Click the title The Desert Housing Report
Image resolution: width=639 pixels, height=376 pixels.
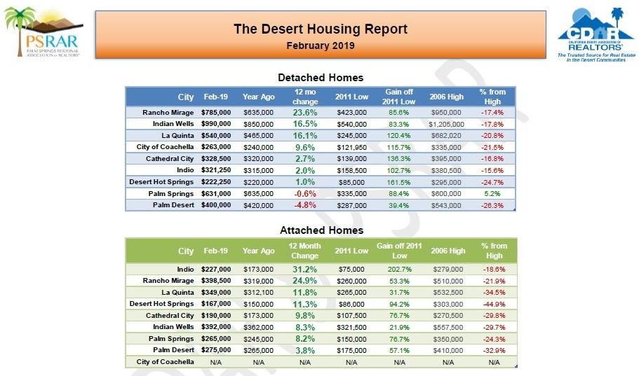point(320,29)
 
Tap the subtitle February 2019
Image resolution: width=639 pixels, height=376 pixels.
point(321,46)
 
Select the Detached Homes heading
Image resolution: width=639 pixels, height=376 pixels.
point(321,77)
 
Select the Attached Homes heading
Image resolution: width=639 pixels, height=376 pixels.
point(321,230)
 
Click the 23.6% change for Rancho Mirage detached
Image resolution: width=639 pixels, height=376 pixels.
point(304,112)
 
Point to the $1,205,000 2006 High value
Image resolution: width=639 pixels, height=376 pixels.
point(447,124)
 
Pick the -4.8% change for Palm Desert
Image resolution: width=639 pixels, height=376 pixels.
point(304,205)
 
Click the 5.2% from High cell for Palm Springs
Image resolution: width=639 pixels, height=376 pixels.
point(492,193)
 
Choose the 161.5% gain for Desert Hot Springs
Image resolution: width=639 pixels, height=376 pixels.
point(398,181)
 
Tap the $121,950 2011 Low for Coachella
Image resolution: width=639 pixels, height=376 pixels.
point(351,147)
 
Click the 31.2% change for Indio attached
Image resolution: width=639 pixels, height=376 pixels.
point(304,269)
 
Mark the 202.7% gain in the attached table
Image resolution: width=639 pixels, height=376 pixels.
point(398,269)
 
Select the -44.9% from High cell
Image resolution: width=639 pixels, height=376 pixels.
point(494,304)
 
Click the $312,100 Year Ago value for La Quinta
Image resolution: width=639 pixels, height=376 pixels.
point(258,292)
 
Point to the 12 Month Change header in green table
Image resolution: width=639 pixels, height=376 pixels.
point(304,251)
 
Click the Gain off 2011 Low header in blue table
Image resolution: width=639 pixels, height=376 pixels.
point(399,97)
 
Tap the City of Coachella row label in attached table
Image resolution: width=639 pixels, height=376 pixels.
point(166,362)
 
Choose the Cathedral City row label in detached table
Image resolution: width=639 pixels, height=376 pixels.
point(170,158)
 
